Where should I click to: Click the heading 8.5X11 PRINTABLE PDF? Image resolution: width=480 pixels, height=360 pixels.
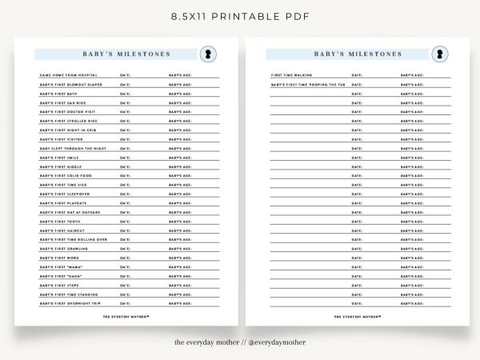coord(240,15)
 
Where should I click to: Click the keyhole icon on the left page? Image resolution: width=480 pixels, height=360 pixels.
coord(206,54)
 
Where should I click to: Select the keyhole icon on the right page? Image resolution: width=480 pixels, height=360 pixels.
coord(437,54)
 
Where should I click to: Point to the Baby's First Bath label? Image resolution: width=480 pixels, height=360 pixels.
coord(61,94)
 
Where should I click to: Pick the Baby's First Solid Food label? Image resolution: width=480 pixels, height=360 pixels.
coord(66,175)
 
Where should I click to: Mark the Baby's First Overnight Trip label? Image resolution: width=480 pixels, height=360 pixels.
coord(72,303)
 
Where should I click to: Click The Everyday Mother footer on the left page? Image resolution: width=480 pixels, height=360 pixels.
coord(127,316)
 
